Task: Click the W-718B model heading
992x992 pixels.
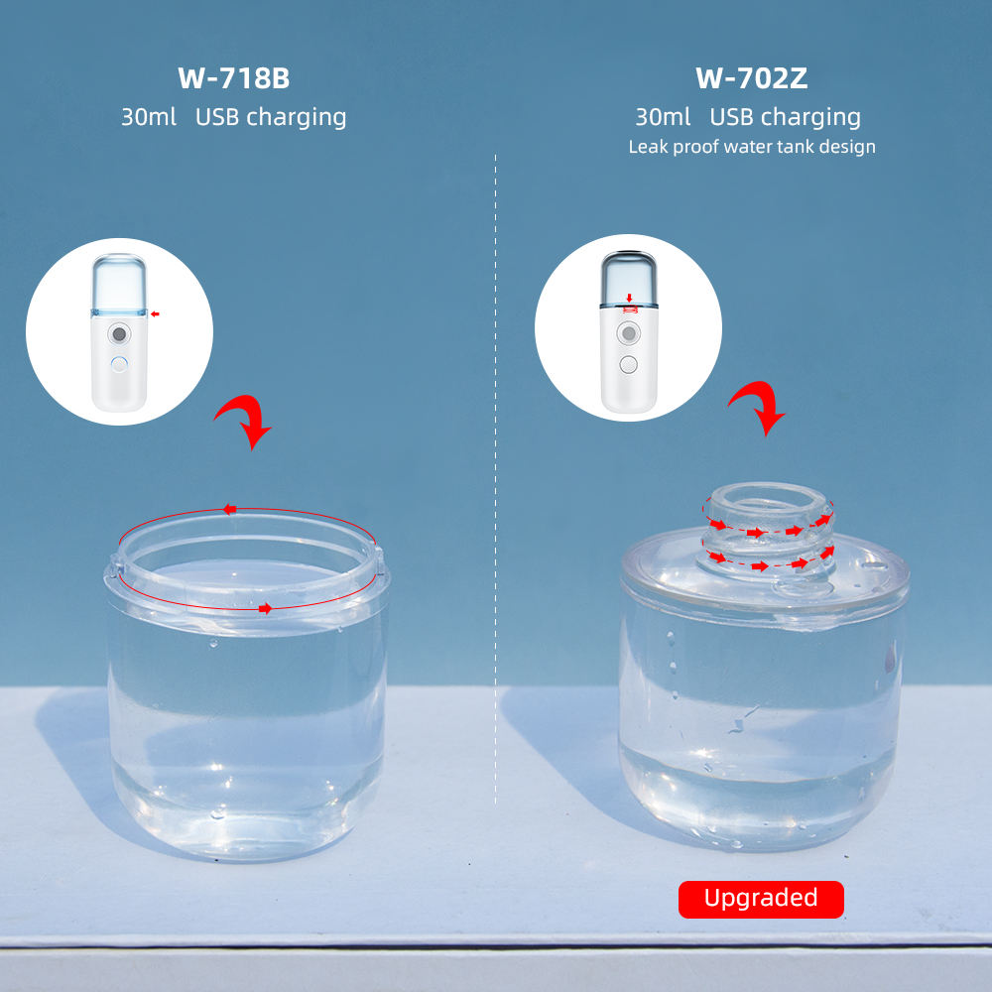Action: (233, 78)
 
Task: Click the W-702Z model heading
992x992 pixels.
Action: (752, 78)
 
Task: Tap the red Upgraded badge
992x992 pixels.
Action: (761, 899)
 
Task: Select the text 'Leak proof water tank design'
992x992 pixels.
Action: (752, 147)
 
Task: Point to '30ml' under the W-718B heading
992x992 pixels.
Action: (149, 117)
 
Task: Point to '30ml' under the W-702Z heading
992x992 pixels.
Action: (663, 117)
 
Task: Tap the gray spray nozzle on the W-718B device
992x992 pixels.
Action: (119, 333)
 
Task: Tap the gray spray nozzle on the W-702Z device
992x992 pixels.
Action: (628, 332)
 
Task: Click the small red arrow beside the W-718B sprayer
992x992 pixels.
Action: (155, 313)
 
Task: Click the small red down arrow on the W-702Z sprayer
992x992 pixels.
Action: (629, 298)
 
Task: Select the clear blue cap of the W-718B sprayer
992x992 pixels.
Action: (119, 284)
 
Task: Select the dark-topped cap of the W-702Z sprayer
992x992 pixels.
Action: (628, 279)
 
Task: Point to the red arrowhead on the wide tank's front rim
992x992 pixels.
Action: (266, 609)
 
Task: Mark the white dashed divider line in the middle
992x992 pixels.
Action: (495, 479)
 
